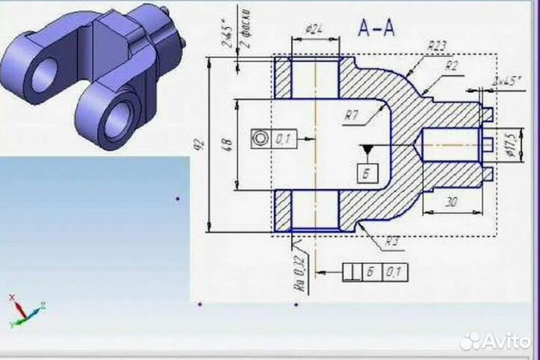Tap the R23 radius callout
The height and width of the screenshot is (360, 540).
click(x=436, y=46)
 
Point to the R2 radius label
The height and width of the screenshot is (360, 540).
click(x=451, y=65)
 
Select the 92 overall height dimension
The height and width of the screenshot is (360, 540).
click(x=199, y=145)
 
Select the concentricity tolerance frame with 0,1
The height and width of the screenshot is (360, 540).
click(x=274, y=139)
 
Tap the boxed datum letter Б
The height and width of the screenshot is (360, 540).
click(x=367, y=173)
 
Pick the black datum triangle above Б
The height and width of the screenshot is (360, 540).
click(x=367, y=150)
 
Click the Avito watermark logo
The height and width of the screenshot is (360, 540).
click(x=495, y=341)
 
